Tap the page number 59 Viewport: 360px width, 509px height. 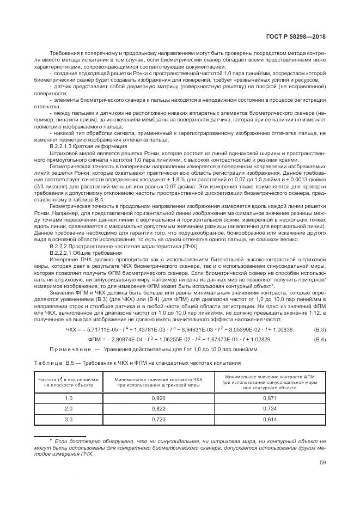click(322, 463)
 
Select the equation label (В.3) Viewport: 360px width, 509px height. click(320, 329)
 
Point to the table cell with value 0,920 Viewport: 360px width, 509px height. click(151, 399)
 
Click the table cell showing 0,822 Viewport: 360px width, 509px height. click(151, 409)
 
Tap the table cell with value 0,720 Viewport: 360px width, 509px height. click(151, 420)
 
